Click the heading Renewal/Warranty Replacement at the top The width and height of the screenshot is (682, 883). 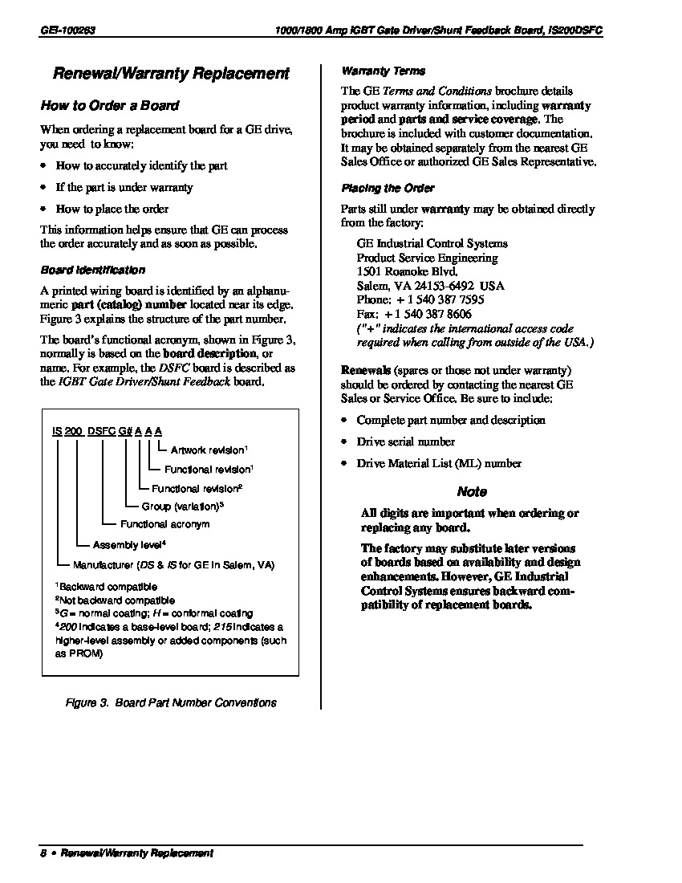click(170, 74)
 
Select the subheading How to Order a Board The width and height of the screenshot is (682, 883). click(110, 105)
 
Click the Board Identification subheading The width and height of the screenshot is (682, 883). click(92, 270)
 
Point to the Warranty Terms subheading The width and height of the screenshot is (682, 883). click(384, 71)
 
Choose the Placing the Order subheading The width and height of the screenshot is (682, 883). click(388, 188)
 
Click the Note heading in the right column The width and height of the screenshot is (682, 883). click(472, 491)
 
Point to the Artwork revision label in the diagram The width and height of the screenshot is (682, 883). click(209, 450)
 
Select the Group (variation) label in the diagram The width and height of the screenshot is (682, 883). click(181, 507)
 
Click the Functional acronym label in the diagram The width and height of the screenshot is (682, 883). click(164, 524)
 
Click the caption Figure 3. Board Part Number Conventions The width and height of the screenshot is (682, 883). click(170, 702)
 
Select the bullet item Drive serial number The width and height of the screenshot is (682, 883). click(405, 441)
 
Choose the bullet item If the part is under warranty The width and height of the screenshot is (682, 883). click(124, 187)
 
